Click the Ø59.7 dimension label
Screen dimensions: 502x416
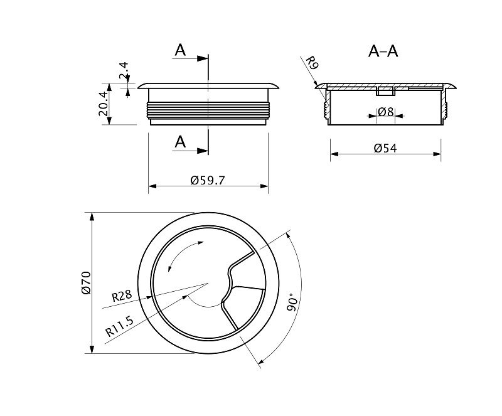pos(208,180)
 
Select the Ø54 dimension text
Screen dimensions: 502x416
pos(385,148)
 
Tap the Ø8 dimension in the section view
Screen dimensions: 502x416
pos(386,112)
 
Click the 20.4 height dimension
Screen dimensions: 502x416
pos(103,104)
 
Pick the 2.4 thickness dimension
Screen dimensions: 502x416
pos(123,71)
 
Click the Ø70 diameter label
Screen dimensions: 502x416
pos(87,282)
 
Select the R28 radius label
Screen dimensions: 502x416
pos(122,296)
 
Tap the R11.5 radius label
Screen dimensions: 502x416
pos(119,326)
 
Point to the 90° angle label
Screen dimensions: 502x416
pos(292,302)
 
